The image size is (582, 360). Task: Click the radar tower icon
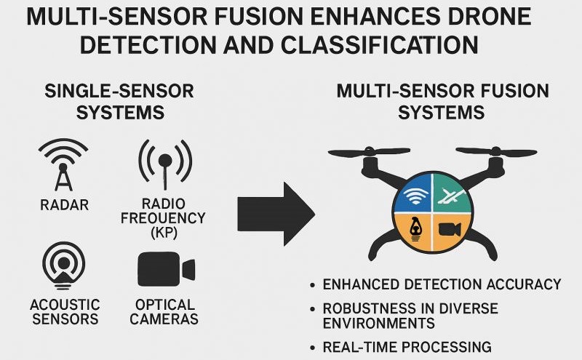[x=63, y=165]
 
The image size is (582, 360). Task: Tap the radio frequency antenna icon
[x=165, y=164]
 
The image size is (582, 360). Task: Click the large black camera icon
[x=166, y=268]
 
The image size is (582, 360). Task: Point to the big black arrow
[x=276, y=214]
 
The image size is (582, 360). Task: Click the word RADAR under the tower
[x=64, y=205]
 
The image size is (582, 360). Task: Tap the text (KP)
[x=164, y=232]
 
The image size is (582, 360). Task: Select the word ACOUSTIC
[x=65, y=305]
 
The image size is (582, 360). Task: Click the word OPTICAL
[x=165, y=305]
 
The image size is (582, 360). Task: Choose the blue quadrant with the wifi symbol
[x=414, y=194]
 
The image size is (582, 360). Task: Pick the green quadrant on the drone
[x=451, y=193]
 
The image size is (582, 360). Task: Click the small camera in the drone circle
[x=450, y=229]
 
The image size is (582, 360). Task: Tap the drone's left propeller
[x=370, y=152]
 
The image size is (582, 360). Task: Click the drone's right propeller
[x=496, y=151]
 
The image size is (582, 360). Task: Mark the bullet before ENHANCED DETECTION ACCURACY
[x=313, y=285]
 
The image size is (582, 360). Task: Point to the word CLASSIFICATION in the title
[x=379, y=45]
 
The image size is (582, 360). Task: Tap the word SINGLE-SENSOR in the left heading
[x=119, y=91]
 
